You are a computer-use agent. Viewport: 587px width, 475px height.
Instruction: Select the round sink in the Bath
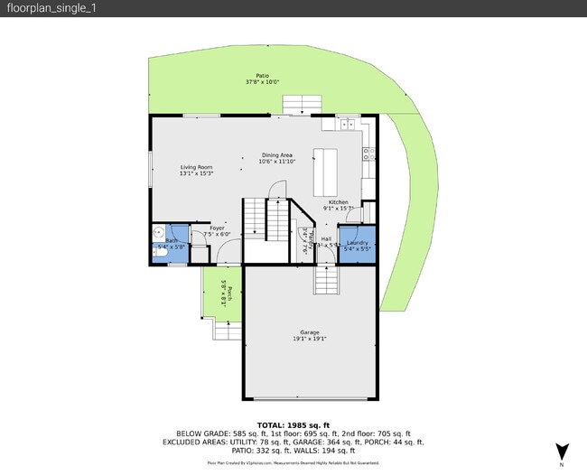(x=157, y=232)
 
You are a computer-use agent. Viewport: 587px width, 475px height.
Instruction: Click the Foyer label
(x=217, y=228)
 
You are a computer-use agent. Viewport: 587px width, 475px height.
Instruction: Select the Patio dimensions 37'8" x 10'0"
(x=262, y=82)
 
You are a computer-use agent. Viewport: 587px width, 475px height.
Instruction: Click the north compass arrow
(x=562, y=450)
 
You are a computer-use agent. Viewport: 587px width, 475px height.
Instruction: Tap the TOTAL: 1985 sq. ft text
(x=293, y=424)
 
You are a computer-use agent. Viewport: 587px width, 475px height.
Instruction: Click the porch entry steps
(x=228, y=331)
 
